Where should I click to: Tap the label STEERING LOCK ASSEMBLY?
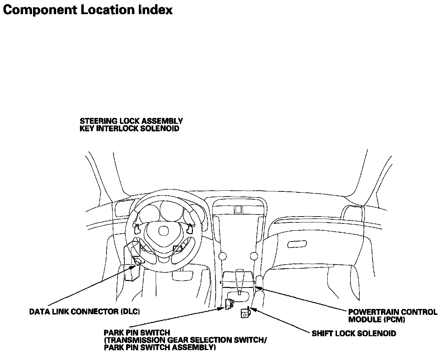(131, 121)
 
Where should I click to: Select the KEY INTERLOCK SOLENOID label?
(130, 129)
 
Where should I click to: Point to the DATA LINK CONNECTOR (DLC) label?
(84, 312)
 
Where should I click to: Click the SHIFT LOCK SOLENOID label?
(354, 333)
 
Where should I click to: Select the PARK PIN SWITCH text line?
(137, 333)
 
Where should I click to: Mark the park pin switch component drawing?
(228, 304)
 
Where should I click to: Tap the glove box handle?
(297, 244)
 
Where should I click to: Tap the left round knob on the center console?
(223, 256)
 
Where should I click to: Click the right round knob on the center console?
(254, 256)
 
